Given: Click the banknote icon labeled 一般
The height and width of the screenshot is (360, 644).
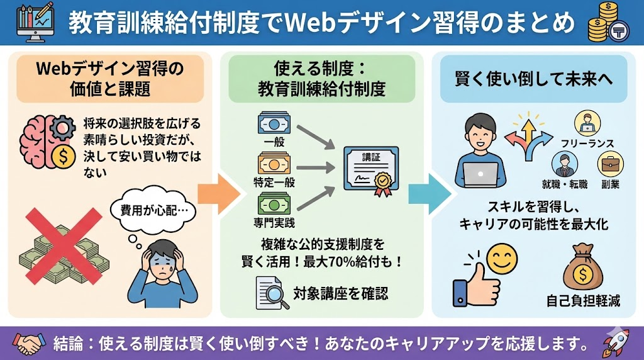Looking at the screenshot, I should [274, 124].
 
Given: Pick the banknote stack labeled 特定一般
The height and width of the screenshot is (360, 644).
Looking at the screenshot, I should [274, 164].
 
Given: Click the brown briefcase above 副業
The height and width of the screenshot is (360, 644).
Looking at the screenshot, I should [609, 164].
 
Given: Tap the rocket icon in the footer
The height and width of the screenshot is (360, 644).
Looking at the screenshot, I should [616, 343].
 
